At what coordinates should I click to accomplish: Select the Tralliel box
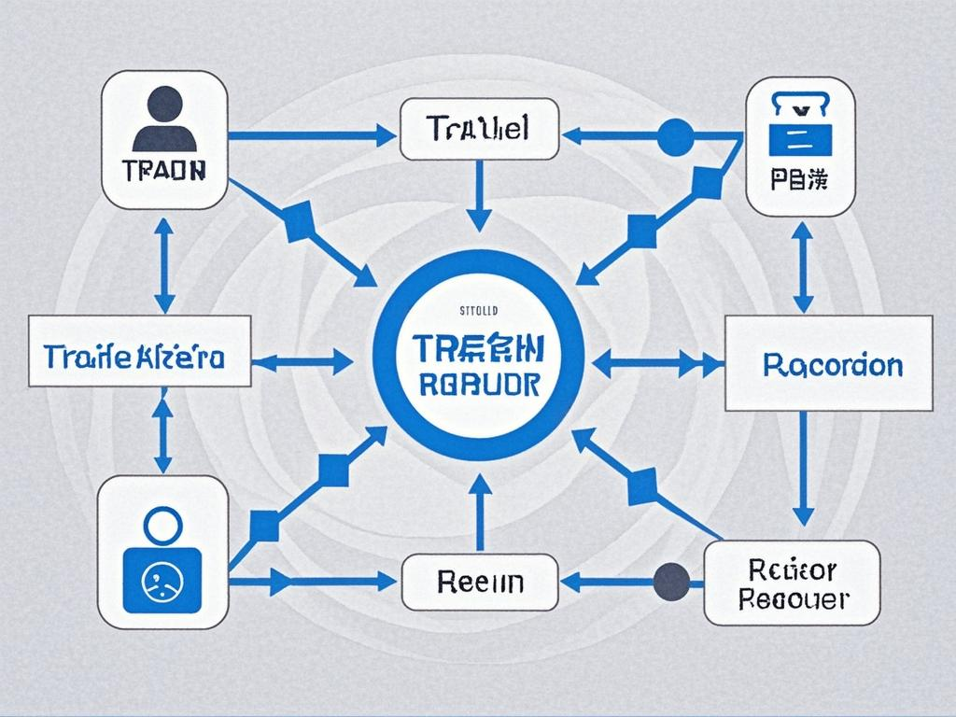coord(478,130)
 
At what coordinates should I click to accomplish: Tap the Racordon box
coord(829,363)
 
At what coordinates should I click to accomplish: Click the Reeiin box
coord(479,582)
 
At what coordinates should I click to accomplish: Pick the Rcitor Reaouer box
coord(792,583)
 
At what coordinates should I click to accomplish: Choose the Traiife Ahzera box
coord(140,351)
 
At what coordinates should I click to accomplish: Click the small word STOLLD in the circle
coord(480,309)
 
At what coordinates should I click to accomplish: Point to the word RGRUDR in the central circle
coord(479,383)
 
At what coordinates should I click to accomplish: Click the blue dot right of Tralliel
coord(675,136)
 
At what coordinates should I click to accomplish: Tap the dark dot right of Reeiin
coord(671,582)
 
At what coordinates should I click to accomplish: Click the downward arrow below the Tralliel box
coord(478,195)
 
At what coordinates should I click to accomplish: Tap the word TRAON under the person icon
coord(164,172)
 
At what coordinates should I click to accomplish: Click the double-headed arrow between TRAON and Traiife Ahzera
coord(164,265)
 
